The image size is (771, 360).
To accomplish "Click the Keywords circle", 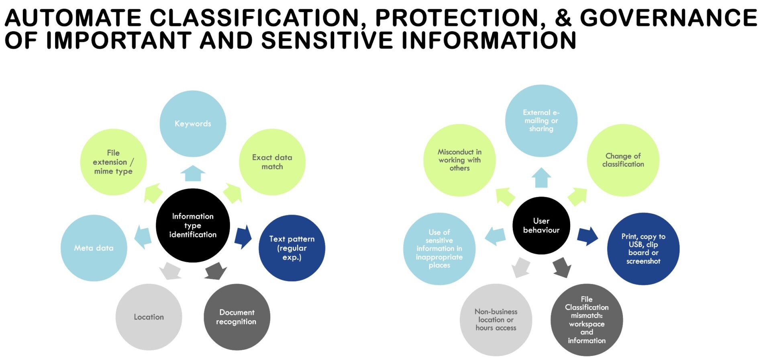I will (x=193, y=124).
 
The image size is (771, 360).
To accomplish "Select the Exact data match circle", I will (x=272, y=162).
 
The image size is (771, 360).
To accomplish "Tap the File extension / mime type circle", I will (x=113, y=162).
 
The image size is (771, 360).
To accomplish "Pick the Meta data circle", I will (x=94, y=248).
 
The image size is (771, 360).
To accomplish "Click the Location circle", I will (x=149, y=317).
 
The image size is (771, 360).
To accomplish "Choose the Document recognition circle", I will (x=237, y=317).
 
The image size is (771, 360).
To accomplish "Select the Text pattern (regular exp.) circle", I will (x=292, y=248).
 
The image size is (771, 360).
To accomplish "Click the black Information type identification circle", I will (x=193, y=225).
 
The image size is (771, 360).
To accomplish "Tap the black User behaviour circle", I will (x=541, y=225).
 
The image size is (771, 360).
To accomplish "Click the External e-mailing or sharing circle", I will (x=541, y=121).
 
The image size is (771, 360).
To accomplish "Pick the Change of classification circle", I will (x=623, y=160).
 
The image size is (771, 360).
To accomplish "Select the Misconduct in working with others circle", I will (x=459, y=160).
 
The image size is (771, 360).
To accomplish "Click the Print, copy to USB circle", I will (x=643, y=249).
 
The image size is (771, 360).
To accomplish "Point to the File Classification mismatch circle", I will (x=586, y=320).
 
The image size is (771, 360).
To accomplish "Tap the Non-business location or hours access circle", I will (x=496, y=320).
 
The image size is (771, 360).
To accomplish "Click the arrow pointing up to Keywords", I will (x=193, y=173).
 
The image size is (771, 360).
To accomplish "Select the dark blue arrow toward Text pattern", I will (x=243, y=237).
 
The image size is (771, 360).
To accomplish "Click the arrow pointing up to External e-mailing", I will (x=541, y=178).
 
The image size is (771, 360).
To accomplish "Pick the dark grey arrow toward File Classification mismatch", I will (x=562, y=268).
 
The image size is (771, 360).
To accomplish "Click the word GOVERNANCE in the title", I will (x=669, y=18).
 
